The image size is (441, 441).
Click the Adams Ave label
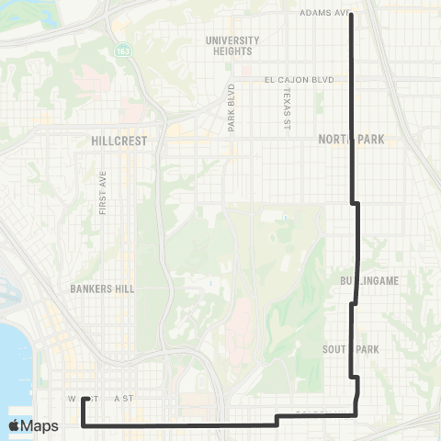click(325, 14)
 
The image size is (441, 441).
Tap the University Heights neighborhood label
click(232, 46)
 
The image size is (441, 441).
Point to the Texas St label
click(287, 109)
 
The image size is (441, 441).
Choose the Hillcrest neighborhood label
click(114, 141)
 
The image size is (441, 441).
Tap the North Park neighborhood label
click(350, 140)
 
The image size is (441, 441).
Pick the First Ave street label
click(102, 192)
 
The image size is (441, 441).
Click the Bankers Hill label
click(102, 288)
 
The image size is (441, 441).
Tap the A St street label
click(123, 400)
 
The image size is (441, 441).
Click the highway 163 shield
click(121, 52)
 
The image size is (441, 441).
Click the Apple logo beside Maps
click(14, 425)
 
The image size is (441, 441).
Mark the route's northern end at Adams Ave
click(352, 14)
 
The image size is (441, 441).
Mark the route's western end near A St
click(84, 399)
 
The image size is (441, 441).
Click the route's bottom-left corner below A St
click(84, 425)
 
